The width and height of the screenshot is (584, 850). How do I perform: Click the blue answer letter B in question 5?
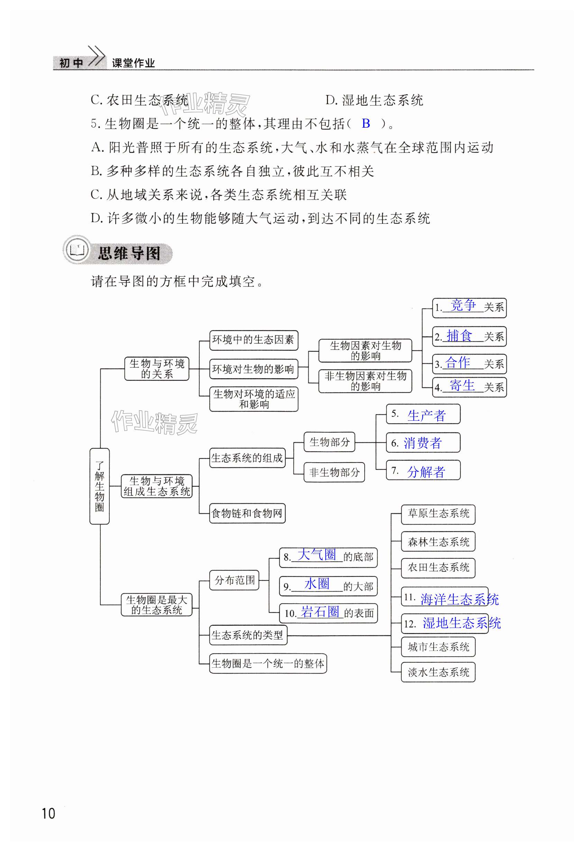pos(366,124)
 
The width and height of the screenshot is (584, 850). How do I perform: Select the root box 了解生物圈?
pos(100,486)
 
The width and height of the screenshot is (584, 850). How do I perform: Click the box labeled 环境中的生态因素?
pos(253,340)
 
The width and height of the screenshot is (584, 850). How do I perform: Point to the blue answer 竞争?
pos(463,305)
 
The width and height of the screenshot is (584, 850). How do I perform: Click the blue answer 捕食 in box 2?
pos(459,336)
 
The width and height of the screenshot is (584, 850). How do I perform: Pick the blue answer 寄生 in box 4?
pos(462,385)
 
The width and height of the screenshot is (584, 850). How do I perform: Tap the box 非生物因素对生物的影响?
pos(365,381)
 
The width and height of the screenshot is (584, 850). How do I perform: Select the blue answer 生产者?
pos(426,415)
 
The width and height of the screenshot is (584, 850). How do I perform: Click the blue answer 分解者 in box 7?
pos(426,472)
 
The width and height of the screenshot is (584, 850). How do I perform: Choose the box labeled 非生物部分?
pos(334,472)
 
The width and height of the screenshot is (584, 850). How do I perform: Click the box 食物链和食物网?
pos(247,513)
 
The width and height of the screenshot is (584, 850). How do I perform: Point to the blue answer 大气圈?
pos(317,555)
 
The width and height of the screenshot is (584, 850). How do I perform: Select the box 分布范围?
pos(234,580)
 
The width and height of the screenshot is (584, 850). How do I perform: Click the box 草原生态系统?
pos(438,513)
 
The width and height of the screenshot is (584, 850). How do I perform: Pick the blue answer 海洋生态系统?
pos(459,599)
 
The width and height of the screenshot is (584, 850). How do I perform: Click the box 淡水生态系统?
pos(438,672)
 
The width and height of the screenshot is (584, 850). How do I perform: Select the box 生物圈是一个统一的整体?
pos(268,664)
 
